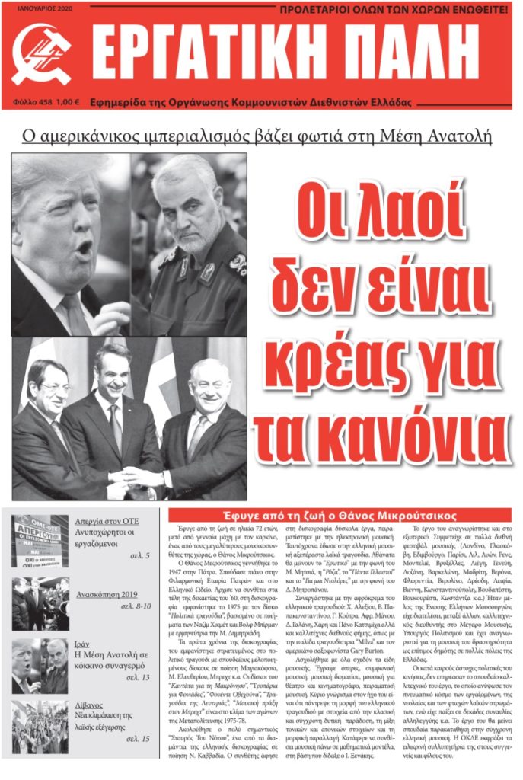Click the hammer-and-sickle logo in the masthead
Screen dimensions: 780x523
pyautogui.click(x=41, y=54)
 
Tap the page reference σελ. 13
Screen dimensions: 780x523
pyautogui.click(x=135, y=680)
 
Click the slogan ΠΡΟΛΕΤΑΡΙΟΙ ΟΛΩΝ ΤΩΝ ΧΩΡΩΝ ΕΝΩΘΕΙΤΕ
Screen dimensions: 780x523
pyautogui.click(x=394, y=11)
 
